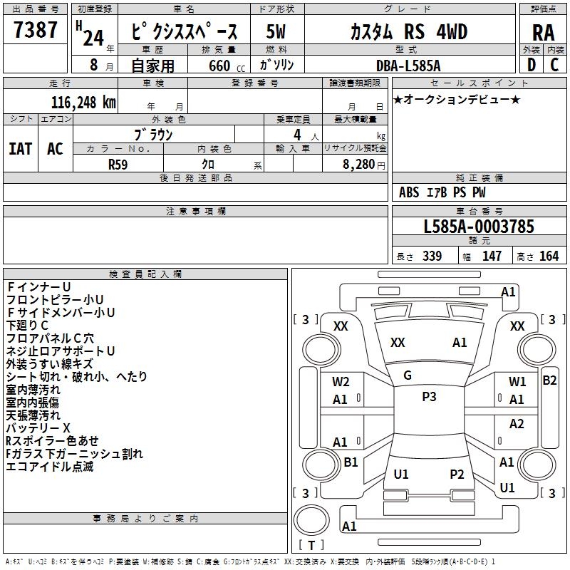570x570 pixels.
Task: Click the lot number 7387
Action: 36,31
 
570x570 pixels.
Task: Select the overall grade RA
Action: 543,32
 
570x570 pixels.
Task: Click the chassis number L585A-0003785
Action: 478,227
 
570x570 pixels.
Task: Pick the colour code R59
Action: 118,163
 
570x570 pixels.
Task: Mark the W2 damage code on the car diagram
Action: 341,382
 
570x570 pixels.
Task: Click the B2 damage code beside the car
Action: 549,380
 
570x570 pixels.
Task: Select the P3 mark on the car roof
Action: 429,397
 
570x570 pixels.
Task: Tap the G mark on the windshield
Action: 408,375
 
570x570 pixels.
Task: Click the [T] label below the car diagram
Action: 311,546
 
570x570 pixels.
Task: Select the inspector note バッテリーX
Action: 38,428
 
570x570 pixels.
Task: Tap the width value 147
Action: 492,256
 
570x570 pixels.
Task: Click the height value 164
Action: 549,256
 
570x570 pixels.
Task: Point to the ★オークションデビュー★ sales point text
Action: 457,99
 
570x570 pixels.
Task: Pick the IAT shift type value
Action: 20,148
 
